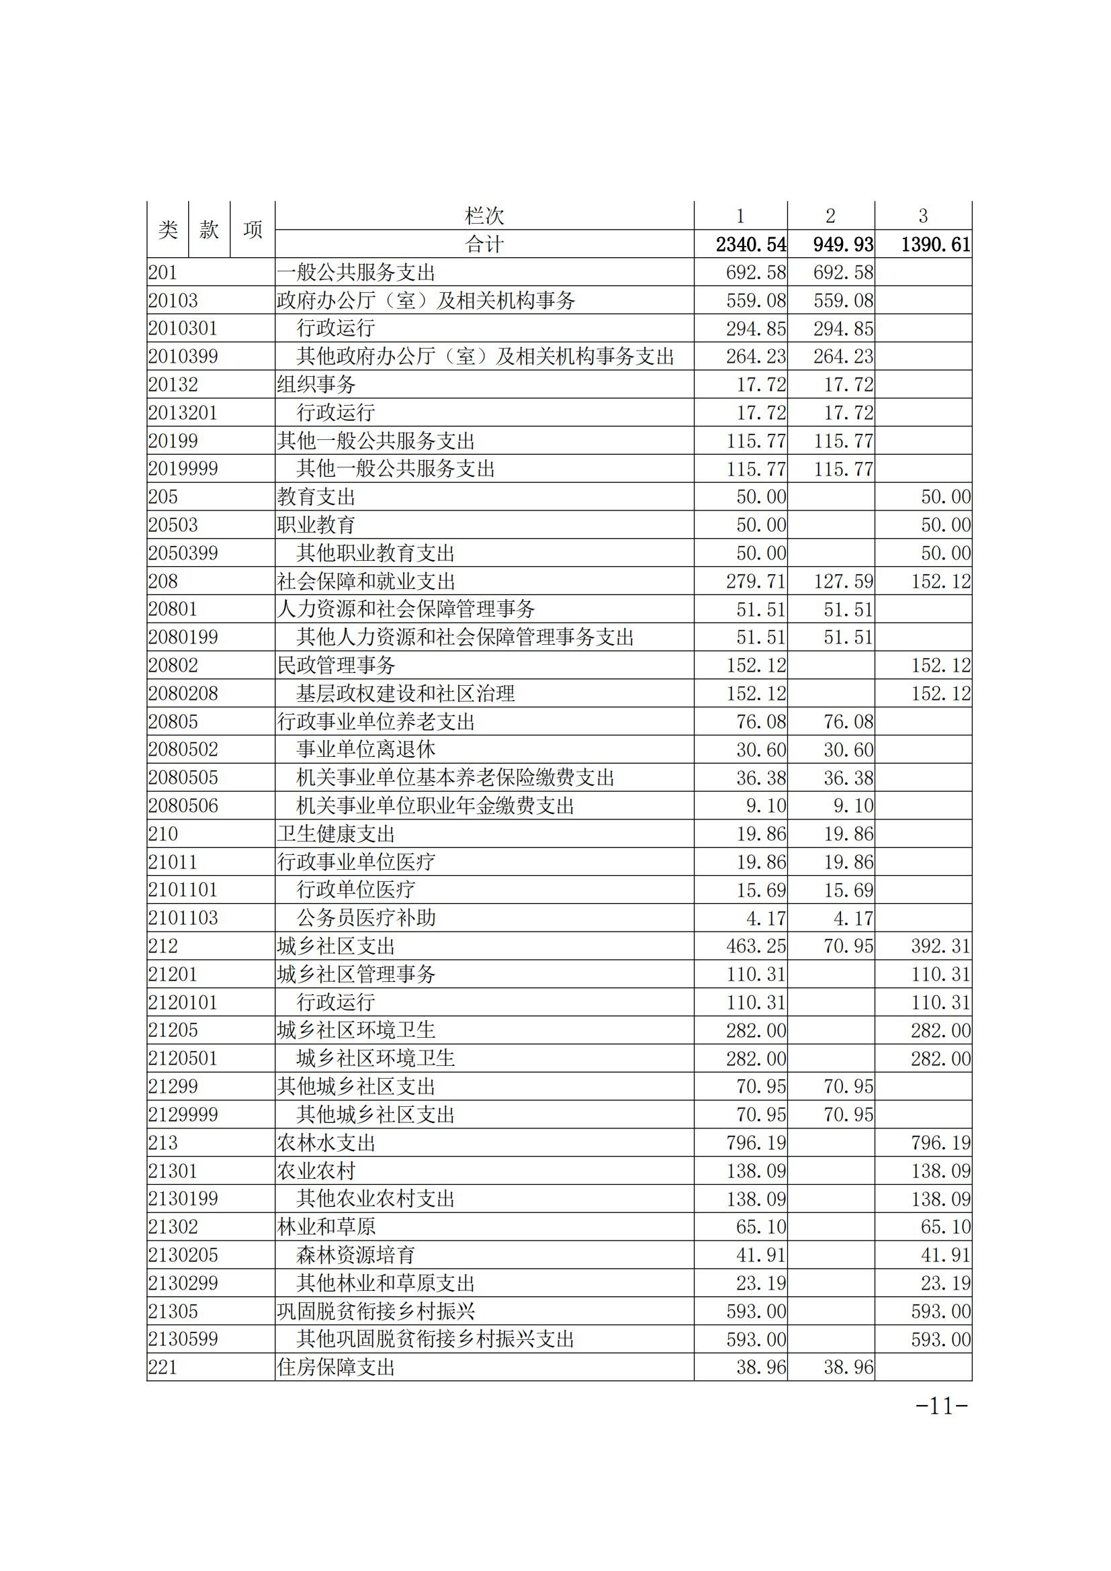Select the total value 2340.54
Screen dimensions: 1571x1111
(750, 244)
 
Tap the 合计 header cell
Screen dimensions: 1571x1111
(484, 244)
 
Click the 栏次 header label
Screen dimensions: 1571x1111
(484, 216)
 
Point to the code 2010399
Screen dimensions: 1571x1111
(183, 357)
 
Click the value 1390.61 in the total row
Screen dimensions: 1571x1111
(935, 244)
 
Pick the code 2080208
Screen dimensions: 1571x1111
(183, 694)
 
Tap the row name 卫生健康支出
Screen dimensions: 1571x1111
(336, 834)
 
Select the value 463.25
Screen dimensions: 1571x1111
(756, 946)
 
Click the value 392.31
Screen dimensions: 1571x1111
(940, 946)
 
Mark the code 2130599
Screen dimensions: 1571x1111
(183, 1339)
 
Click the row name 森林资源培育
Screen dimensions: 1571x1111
(356, 1255)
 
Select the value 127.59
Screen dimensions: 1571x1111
(843, 582)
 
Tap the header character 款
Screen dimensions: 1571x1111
(210, 230)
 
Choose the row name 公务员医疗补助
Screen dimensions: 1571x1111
(366, 918)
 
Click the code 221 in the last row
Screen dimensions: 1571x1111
(163, 1367)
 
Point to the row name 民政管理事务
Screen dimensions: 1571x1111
(336, 665)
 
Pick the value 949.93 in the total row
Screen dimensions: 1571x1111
(843, 244)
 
